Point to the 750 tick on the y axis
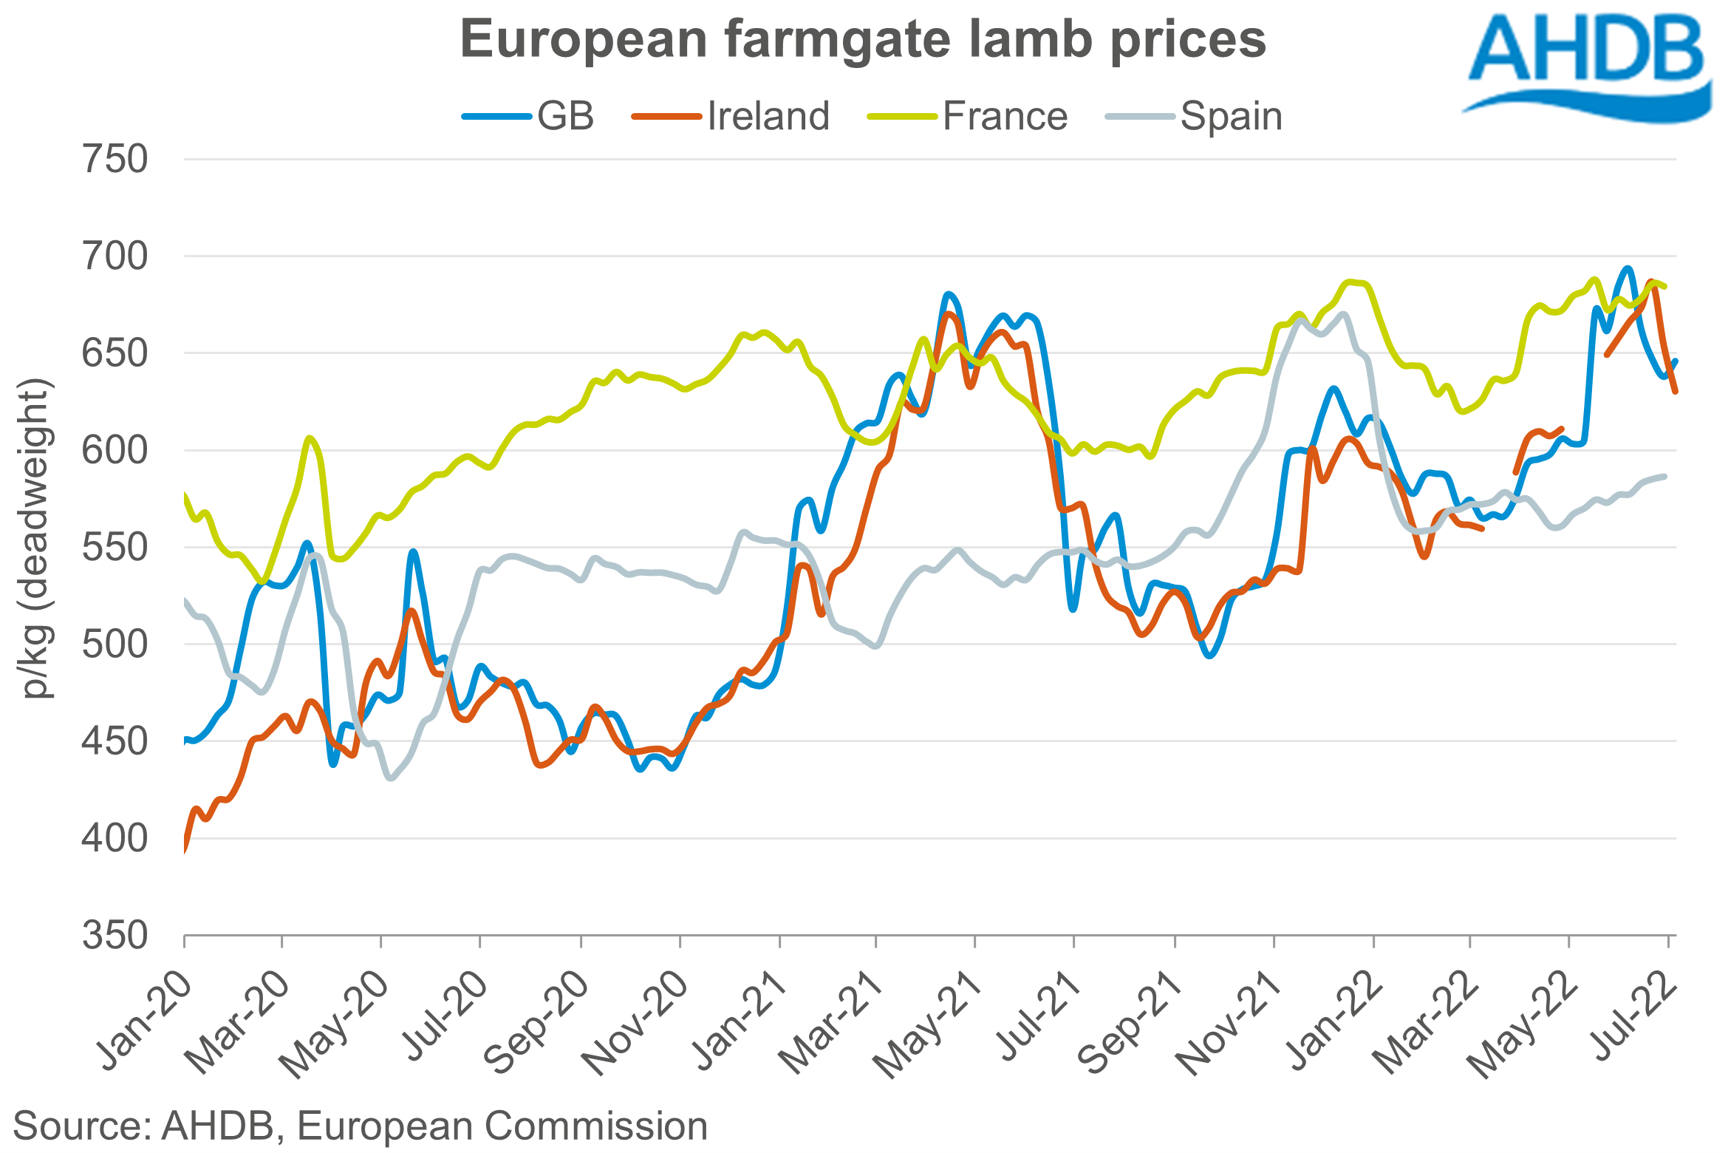(115, 160)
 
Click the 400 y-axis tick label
(115, 839)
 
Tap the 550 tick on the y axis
(115, 548)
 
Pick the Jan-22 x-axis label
(1334, 1020)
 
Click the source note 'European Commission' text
(502, 1126)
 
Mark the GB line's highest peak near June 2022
(1627, 268)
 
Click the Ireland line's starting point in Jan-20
(185, 850)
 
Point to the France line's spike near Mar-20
(310, 438)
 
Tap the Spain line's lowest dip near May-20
(391, 778)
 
